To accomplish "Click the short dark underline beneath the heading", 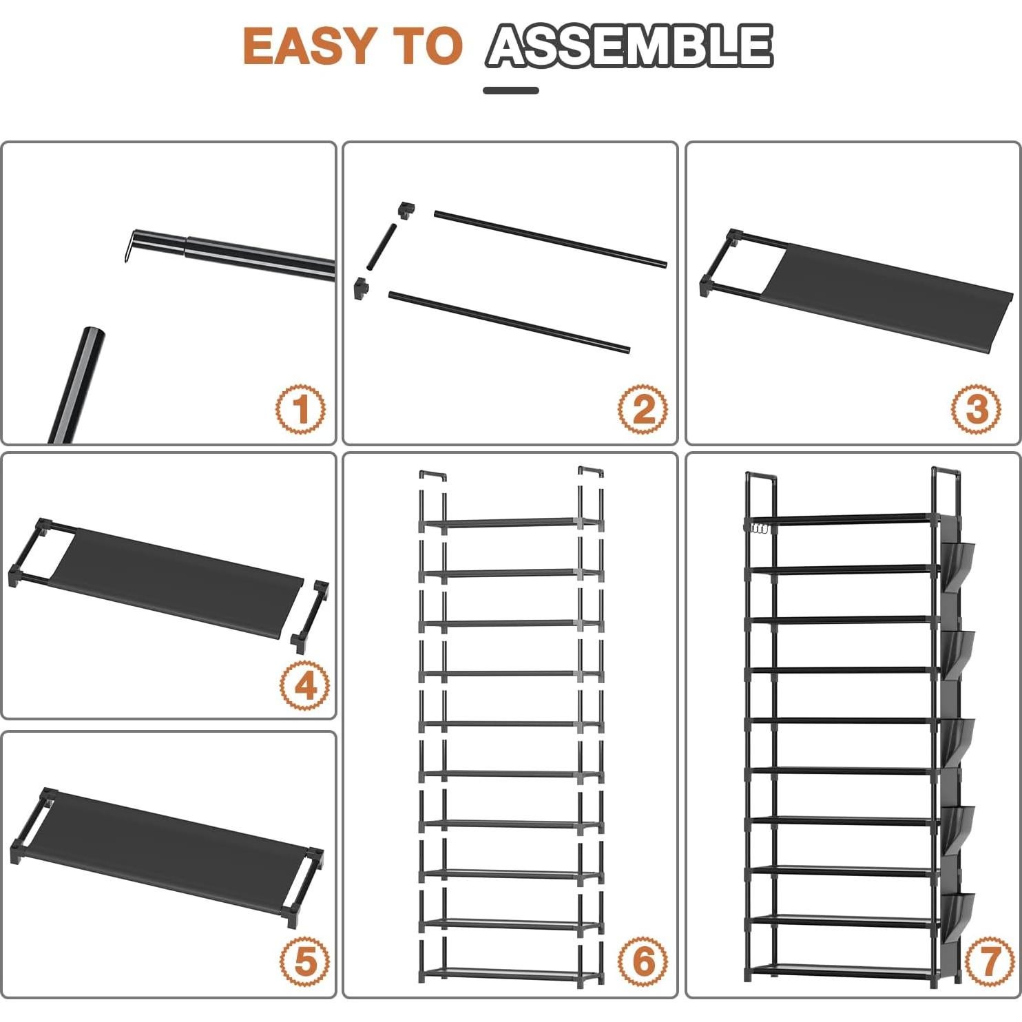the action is (x=511, y=90).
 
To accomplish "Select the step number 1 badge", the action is (x=301, y=409).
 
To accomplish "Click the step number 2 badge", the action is (x=643, y=409).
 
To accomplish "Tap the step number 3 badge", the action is (x=977, y=409).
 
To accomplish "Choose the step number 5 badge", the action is (x=305, y=961).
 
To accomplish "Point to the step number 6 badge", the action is (x=643, y=961).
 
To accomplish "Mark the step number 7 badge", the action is (x=990, y=961).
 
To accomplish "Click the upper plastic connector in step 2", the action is (x=406, y=210).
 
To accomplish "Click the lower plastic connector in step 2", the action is (x=361, y=288).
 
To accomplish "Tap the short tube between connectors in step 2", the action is (x=381, y=246).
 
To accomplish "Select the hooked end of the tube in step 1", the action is (x=131, y=246).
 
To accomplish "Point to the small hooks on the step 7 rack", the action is (x=759, y=529).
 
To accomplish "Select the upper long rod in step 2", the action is (x=550, y=238).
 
